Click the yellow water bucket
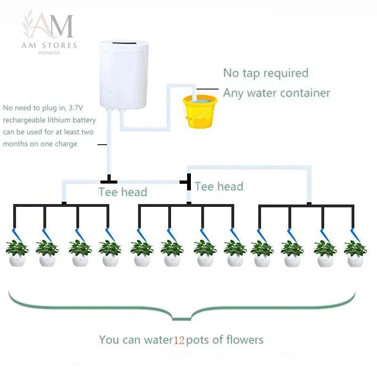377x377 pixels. click(x=200, y=111)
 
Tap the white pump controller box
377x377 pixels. click(x=124, y=75)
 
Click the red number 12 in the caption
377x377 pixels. click(x=179, y=340)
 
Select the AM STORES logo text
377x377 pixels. click(x=49, y=45)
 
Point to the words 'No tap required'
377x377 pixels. click(x=266, y=73)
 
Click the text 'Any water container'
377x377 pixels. click(x=277, y=93)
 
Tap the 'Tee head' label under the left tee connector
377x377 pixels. click(x=123, y=192)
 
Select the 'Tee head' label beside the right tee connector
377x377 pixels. click(x=219, y=186)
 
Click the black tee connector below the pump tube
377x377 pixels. click(x=109, y=180)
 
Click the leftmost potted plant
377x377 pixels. click(x=17, y=253)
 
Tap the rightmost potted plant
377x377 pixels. click(x=355, y=254)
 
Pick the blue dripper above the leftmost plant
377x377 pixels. click(x=17, y=235)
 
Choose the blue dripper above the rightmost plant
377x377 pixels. click(x=355, y=235)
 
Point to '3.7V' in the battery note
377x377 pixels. click(x=76, y=108)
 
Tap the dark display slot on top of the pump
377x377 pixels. click(x=124, y=43)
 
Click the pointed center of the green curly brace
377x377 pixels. click(x=182, y=320)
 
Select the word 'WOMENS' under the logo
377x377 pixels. click(x=49, y=53)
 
